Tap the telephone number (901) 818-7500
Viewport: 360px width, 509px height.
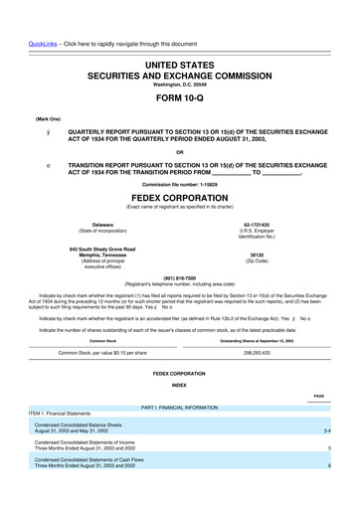(179, 277)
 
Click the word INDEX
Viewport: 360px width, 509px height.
(179, 384)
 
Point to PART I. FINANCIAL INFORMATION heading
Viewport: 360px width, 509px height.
(179, 408)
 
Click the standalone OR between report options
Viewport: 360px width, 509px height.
(179, 151)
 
